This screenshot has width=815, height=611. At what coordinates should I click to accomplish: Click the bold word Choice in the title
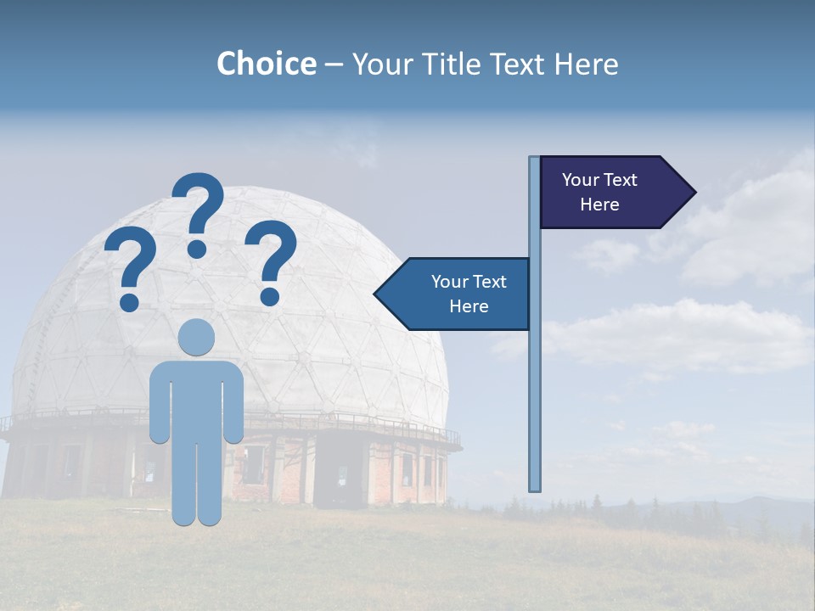pyautogui.click(x=266, y=64)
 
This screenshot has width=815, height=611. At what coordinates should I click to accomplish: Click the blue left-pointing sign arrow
pyautogui.click(x=458, y=294)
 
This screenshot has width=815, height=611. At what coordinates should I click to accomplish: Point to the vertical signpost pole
pyautogui.click(x=535, y=382)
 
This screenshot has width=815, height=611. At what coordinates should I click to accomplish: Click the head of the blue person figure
pyautogui.click(x=197, y=337)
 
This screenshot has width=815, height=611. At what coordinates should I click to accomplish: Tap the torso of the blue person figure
pyautogui.click(x=197, y=399)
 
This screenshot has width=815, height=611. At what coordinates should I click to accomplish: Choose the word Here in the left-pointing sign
pyautogui.click(x=469, y=306)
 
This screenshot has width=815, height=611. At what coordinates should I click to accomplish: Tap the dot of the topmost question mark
pyautogui.click(x=197, y=249)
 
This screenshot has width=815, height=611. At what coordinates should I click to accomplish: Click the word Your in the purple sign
pyautogui.click(x=581, y=180)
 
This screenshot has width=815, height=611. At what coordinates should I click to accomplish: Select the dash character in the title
pyautogui.click(x=334, y=64)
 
